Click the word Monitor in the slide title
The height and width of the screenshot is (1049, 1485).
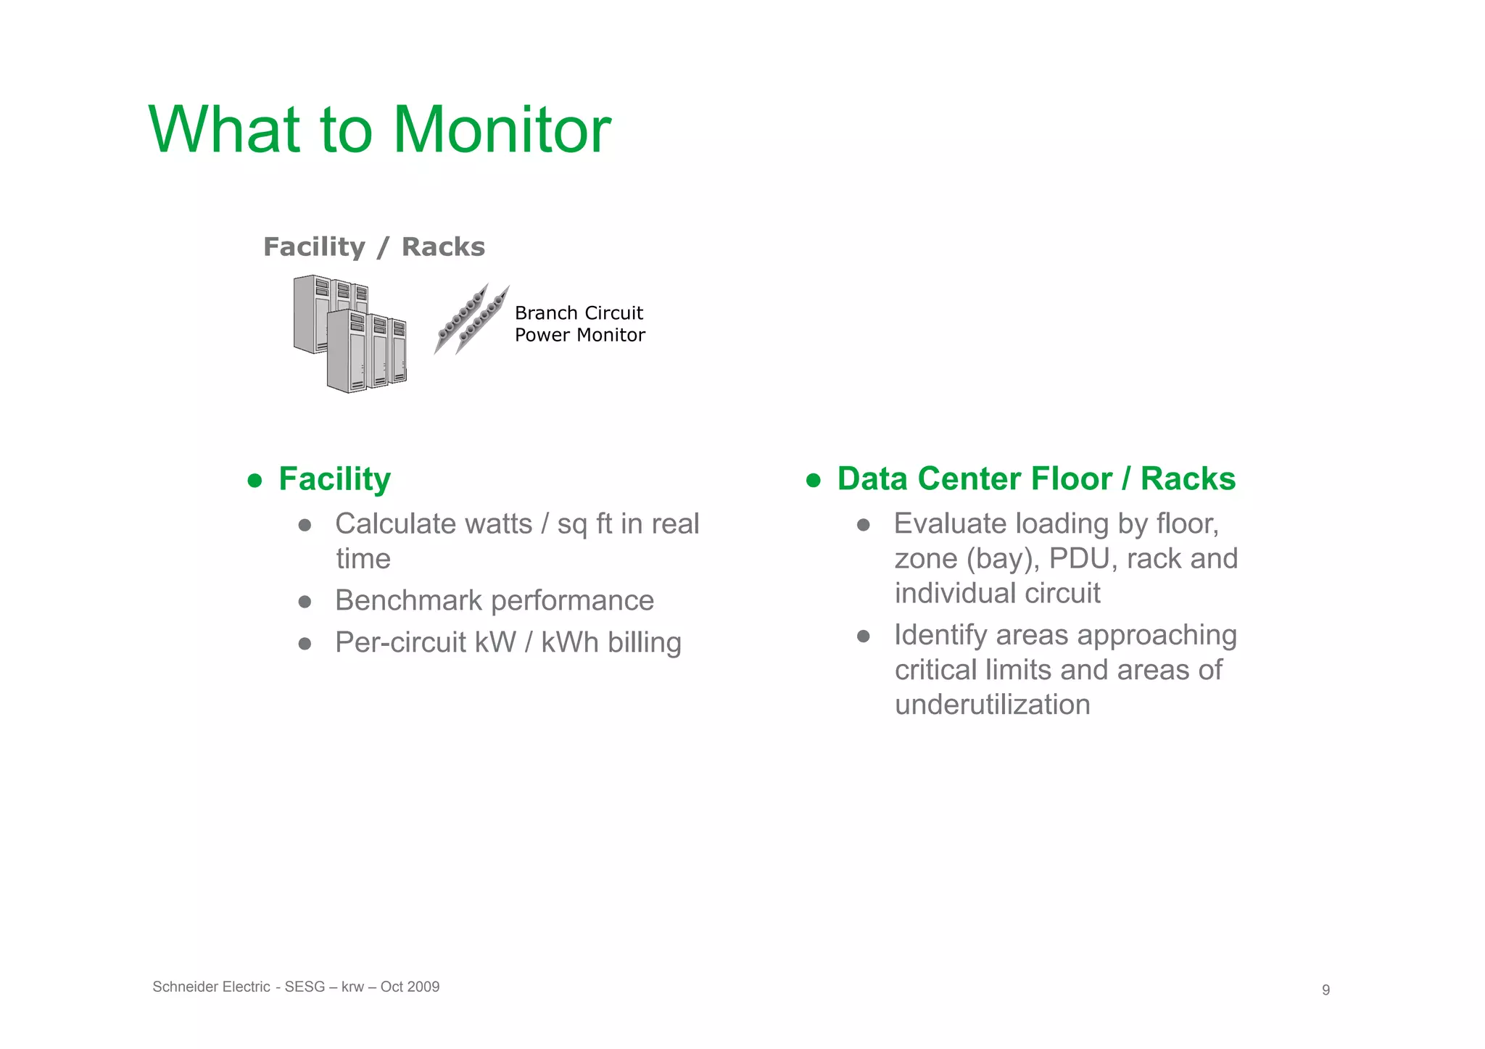tap(502, 130)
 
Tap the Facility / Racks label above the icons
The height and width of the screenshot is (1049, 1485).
tap(373, 247)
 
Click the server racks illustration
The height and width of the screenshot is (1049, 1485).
tap(350, 333)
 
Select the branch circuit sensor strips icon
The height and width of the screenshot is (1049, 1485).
tap(471, 319)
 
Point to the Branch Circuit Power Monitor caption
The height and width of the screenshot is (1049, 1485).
tap(579, 324)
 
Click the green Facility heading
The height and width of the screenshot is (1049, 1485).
tap(334, 479)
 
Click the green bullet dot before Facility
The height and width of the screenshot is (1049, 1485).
tap(255, 481)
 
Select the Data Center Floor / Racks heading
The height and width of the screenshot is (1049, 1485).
tap(1036, 479)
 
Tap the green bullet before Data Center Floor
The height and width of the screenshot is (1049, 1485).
tap(813, 481)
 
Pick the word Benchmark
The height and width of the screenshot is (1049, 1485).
tap(408, 601)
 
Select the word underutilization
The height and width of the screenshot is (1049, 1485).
tap(992, 705)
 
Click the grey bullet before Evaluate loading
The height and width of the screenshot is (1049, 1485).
tap(863, 526)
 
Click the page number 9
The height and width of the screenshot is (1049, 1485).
tap(1325, 990)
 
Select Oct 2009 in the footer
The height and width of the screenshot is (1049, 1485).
tap(410, 987)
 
